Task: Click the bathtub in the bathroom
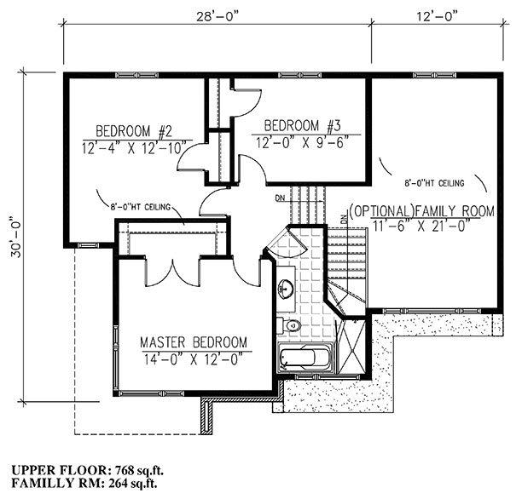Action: [305, 358]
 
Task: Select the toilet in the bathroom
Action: [290, 324]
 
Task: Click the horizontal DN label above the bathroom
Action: [281, 199]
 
